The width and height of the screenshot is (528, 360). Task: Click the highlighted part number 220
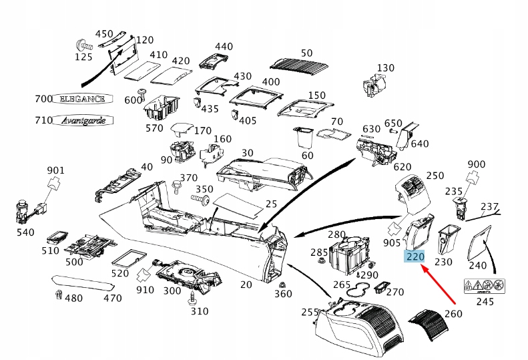tap(415, 256)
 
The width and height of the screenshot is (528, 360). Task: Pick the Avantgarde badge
tap(83, 120)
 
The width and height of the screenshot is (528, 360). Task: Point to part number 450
tap(105, 33)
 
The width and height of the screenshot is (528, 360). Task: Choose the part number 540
tap(25, 232)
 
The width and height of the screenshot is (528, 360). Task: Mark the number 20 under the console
tap(246, 285)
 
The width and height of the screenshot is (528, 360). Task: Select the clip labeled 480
tap(58, 294)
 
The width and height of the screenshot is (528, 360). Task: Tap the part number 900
tap(477, 164)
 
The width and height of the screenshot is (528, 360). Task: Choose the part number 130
tap(386, 68)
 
